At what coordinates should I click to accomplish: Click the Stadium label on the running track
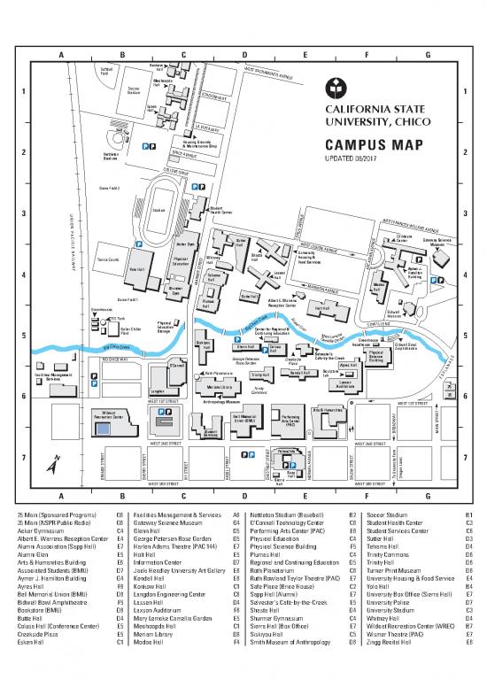[159, 211]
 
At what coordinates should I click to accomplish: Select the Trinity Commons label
[259, 389]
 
